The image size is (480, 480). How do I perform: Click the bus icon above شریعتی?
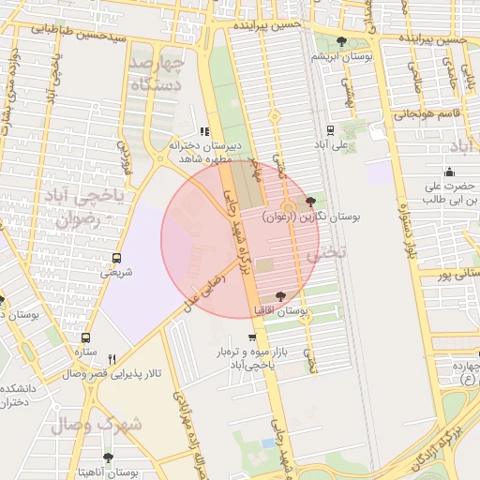pyautogui.click(x=116, y=258)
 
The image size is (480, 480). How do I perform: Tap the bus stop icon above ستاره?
pyautogui.click(x=86, y=337)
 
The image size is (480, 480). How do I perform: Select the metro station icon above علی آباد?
pyautogui.click(x=330, y=130)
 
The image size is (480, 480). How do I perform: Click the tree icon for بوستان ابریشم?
pyautogui.click(x=340, y=41)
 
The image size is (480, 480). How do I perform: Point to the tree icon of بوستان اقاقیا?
pyautogui.click(x=280, y=296)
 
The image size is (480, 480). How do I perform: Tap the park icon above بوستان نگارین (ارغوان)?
pyautogui.click(x=311, y=202)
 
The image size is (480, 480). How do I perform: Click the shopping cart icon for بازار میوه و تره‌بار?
pyautogui.click(x=252, y=337)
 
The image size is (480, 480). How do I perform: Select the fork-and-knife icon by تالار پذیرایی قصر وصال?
pyautogui.click(x=112, y=359)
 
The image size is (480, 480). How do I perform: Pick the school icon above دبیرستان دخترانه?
pyautogui.click(x=205, y=132)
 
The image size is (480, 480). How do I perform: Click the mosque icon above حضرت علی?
pyautogui.click(x=449, y=172)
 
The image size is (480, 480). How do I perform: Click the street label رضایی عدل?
pyautogui.click(x=204, y=291)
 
